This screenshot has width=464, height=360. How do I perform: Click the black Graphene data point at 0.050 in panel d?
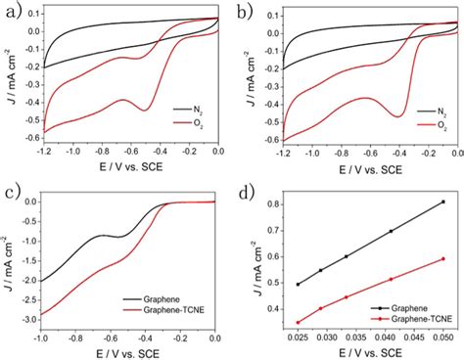pyautogui.click(x=443, y=202)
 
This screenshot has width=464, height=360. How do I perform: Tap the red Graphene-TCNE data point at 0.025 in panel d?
pyautogui.click(x=298, y=322)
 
